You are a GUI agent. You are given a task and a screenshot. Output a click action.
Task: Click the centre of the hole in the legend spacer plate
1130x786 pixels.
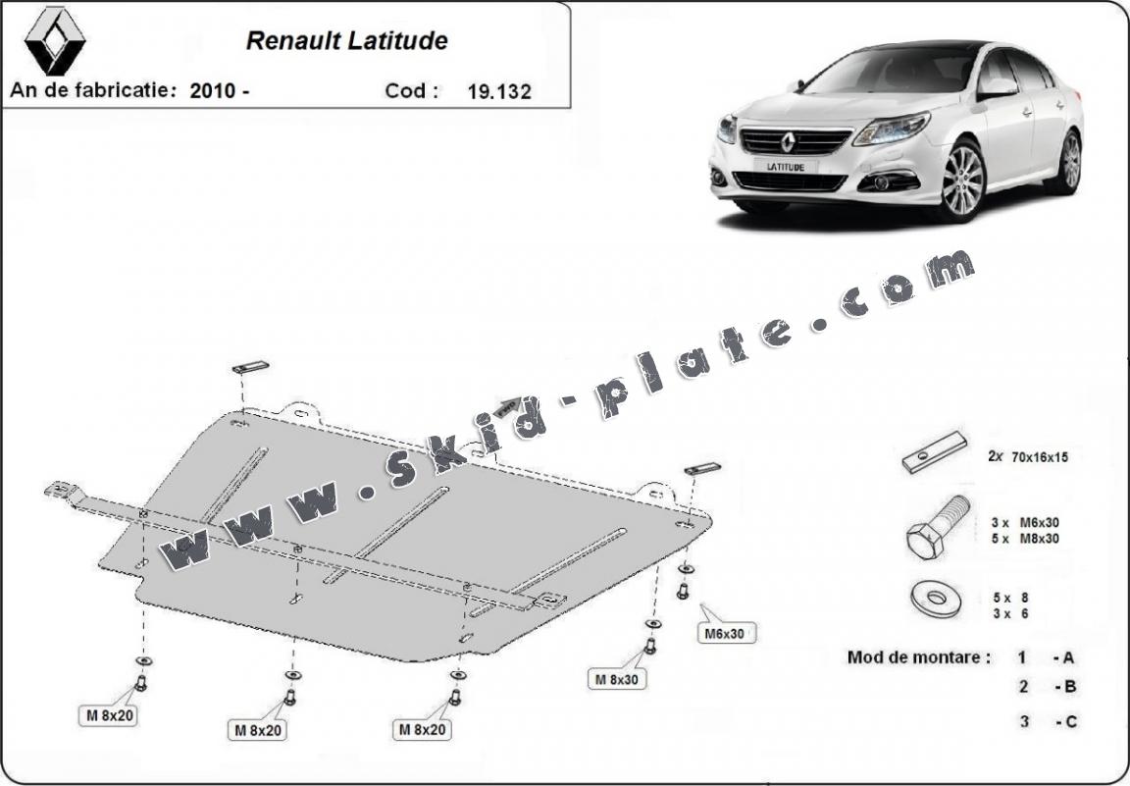922,455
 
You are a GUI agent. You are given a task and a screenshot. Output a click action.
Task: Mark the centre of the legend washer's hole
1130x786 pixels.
936,598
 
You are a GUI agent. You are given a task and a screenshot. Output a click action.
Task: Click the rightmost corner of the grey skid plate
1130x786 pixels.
711,517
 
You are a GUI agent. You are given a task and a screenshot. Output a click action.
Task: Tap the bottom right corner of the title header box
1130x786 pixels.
570,108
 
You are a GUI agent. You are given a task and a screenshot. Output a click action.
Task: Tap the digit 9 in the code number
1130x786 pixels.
484,91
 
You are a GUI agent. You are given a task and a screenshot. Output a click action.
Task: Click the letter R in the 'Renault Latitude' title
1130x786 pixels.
255,40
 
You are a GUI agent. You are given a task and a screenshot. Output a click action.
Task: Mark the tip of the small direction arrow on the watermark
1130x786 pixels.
520,398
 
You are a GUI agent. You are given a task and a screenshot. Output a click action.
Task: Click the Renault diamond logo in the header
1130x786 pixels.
55,41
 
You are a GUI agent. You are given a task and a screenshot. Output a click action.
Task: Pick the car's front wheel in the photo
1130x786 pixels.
962,180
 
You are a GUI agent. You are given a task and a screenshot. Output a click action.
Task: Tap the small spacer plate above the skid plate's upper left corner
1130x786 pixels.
250,367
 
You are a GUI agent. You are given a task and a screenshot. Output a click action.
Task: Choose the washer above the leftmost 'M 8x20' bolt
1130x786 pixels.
142,660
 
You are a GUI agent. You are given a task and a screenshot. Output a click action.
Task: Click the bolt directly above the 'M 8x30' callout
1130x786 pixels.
649,646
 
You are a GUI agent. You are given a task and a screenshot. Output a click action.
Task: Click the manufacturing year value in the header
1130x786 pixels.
219,91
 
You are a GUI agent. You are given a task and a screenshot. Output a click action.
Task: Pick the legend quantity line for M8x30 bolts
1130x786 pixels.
1025,538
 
